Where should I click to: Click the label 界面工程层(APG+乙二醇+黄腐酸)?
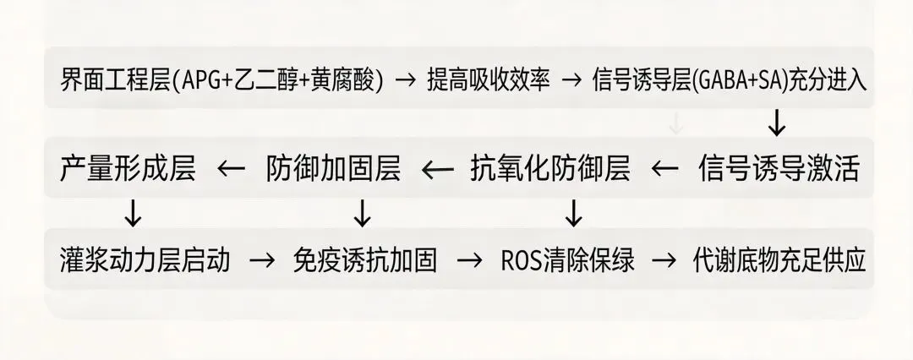point(221,81)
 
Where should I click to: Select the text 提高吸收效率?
point(489,81)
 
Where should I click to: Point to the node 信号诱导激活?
point(779,169)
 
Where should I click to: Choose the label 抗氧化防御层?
point(550,169)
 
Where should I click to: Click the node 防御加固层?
point(333,169)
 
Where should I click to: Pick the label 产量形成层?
point(128,169)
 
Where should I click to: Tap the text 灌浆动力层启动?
point(145,259)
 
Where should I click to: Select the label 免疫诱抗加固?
point(365,259)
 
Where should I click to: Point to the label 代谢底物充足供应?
point(779,259)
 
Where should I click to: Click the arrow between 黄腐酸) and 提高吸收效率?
point(406,81)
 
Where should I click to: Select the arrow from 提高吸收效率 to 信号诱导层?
point(572,81)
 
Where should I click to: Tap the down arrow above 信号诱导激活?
point(776,125)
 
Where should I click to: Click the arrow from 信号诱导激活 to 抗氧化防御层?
point(665,169)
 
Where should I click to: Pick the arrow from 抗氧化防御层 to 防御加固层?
point(437,169)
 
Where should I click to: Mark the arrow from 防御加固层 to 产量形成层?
point(230,169)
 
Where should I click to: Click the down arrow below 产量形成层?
point(133,214)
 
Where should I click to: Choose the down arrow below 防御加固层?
point(362,214)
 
